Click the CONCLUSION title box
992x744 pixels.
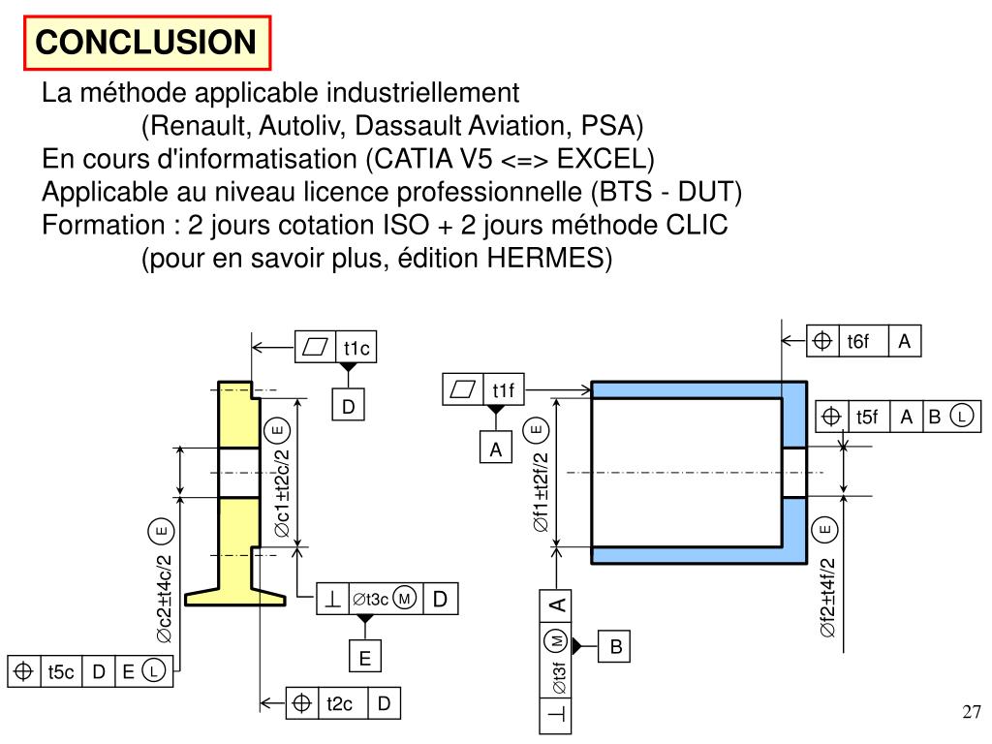tap(147, 43)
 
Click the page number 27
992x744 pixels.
tap(971, 712)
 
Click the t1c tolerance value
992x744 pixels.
tap(356, 348)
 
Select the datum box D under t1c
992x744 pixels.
tap(349, 406)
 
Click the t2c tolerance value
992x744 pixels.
tap(339, 703)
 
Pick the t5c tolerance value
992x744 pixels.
tap(61, 671)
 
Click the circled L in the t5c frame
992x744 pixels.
tap(154, 670)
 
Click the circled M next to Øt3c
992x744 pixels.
tap(405, 599)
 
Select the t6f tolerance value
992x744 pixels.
tap(858, 342)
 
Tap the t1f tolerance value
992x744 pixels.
tap(504, 390)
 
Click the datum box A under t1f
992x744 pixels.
tap(495, 449)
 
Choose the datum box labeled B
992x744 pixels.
tap(615, 646)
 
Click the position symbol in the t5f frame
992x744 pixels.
tap(830, 417)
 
